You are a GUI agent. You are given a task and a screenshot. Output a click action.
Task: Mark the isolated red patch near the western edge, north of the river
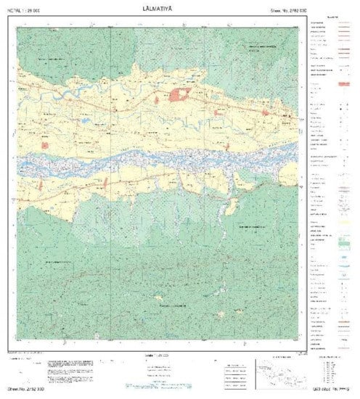44,145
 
